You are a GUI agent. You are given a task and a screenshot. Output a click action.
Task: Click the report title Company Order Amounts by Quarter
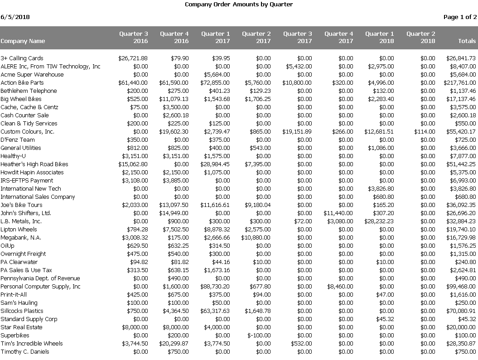point(239,5)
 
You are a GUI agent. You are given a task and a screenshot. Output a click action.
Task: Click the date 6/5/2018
point(15,17)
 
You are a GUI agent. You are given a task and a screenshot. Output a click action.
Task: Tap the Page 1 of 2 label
point(460,17)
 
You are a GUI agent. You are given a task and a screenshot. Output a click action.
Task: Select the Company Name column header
point(23,41)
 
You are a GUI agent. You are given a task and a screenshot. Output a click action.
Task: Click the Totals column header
point(467,41)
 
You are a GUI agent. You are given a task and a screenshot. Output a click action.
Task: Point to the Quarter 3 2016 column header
point(134,38)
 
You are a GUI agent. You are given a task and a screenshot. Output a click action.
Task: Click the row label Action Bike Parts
point(22,83)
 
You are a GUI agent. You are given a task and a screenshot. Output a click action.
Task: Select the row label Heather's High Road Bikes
point(34,164)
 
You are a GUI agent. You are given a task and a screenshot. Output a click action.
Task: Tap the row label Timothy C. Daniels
point(25,352)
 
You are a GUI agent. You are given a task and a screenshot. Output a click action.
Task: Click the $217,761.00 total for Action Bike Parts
point(460,83)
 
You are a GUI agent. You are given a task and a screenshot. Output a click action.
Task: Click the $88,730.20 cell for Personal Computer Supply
point(215,287)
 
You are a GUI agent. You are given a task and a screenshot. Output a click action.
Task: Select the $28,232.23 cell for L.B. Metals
point(379,221)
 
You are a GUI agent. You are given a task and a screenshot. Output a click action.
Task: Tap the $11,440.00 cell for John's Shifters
point(338,213)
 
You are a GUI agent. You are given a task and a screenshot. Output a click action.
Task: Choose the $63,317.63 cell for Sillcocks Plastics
point(215,311)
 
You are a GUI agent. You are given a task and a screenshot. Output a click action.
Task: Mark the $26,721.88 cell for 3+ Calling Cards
point(133,58)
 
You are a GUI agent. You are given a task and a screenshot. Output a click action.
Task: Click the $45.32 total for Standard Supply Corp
point(467,319)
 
